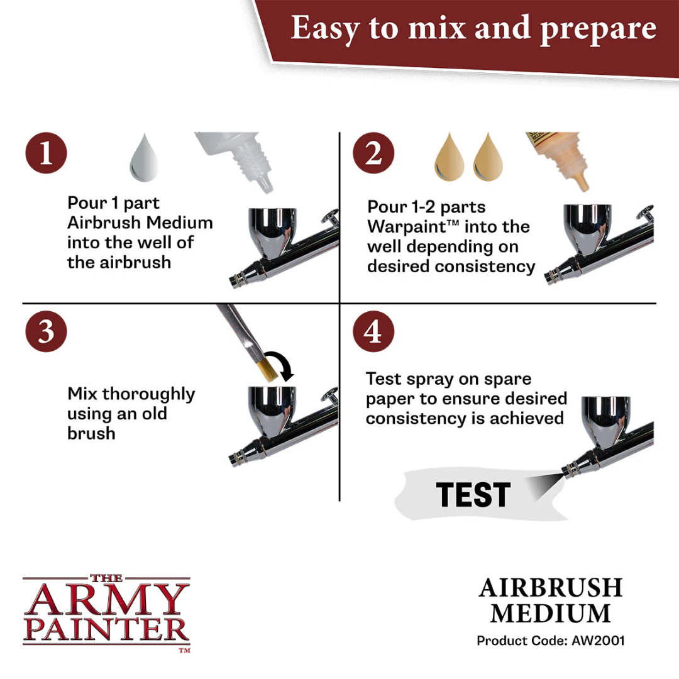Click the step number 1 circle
[x=46, y=153]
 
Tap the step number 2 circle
[x=373, y=153]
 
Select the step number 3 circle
[x=46, y=331]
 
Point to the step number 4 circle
[x=373, y=331]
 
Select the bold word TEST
[x=473, y=495]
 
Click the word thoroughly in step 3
[x=149, y=394]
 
